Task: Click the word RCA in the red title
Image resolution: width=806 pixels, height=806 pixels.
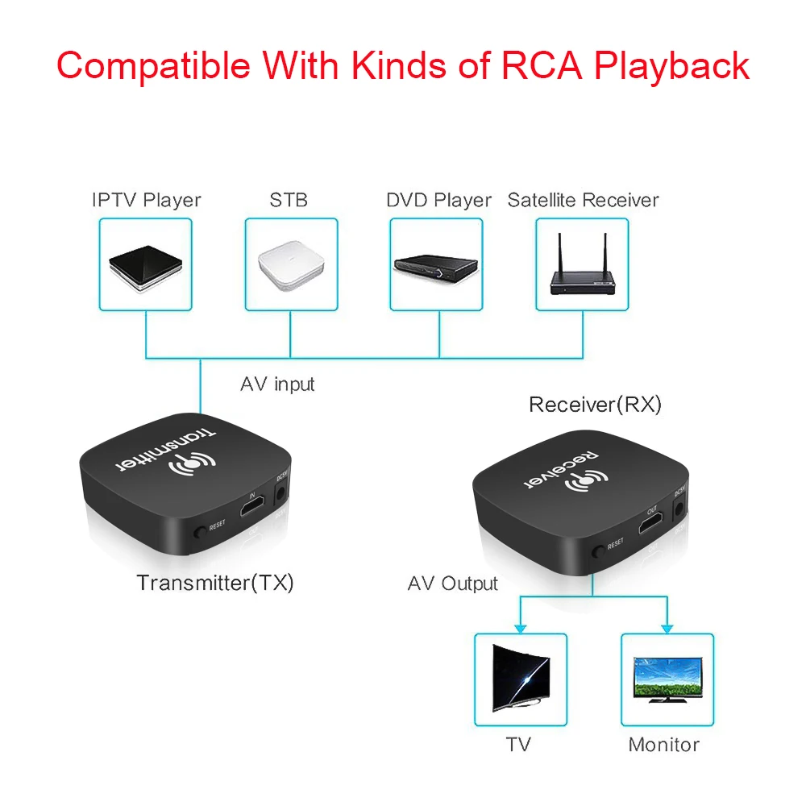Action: pyautogui.click(x=542, y=66)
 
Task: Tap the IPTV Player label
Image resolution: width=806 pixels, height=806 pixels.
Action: pyautogui.click(x=147, y=200)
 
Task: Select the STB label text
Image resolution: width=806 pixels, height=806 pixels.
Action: pyautogui.click(x=289, y=199)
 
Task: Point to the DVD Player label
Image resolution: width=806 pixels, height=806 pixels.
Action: pyautogui.click(x=438, y=200)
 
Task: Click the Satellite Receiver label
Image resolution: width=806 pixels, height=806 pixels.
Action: pyautogui.click(x=583, y=199)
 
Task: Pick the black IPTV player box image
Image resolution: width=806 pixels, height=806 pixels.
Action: pyautogui.click(x=145, y=268)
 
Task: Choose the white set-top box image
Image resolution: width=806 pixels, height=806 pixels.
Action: pyautogui.click(x=291, y=265)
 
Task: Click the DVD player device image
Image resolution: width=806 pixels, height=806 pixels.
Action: pyautogui.click(x=436, y=268)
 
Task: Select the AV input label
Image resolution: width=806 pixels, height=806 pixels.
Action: pyautogui.click(x=277, y=384)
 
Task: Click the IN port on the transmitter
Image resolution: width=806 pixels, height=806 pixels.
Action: pyautogui.click(x=252, y=507)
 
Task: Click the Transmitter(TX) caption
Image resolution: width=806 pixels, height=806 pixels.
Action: pyautogui.click(x=215, y=583)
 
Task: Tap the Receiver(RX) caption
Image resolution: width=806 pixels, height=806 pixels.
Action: pyautogui.click(x=595, y=405)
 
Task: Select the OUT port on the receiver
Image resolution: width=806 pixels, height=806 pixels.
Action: pyautogui.click(x=651, y=525)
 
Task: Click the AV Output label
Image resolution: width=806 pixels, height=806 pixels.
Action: pyautogui.click(x=452, y=584)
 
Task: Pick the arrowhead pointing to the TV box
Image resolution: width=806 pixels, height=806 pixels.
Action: pyautogui.click(x=520, y=629)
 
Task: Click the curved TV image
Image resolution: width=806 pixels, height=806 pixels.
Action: pyautogui.click(x=521, y=678)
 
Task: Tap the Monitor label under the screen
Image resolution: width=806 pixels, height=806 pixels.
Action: pyautogui.click(x=663, y=744)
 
